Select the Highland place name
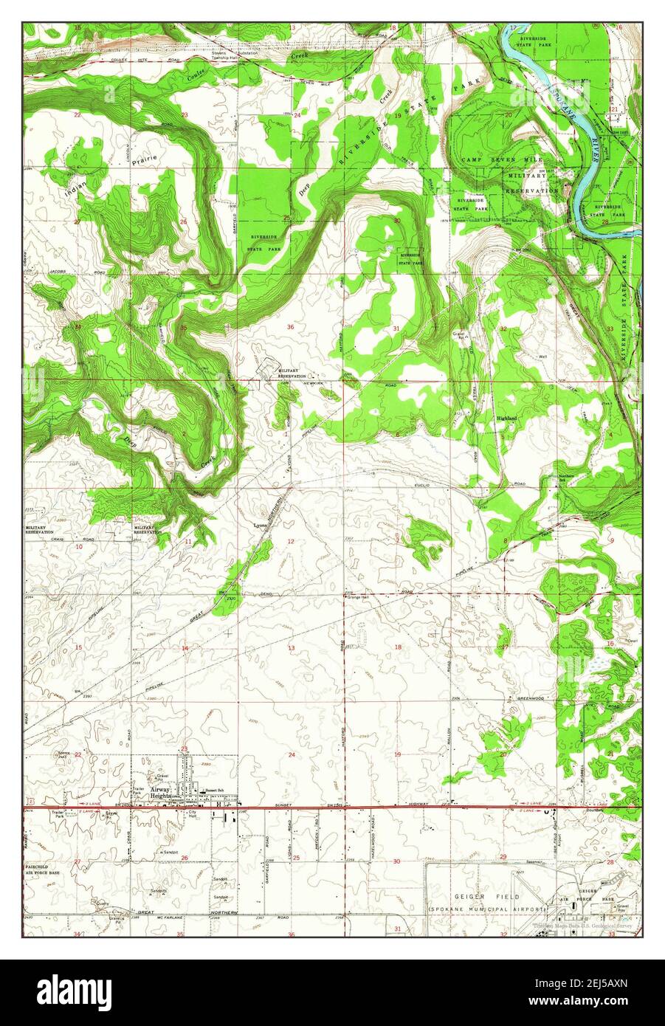(x=506, y=418)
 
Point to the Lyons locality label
(x=260, y=525)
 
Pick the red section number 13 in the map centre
(x=291, y=648)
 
